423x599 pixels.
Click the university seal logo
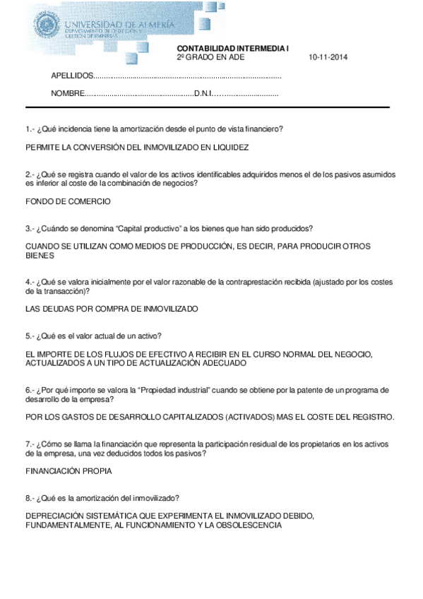[46, 28]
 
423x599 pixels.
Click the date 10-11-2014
[328, 57]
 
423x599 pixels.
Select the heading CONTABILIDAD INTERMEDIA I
[232, 48]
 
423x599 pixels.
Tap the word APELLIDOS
[72, 76]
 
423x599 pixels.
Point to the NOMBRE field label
[67, 94]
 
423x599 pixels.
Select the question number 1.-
[30, 129]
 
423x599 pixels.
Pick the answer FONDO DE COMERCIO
[68, 201]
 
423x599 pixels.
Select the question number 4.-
[30, 282]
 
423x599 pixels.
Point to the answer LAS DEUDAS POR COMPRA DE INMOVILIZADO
[112, 309]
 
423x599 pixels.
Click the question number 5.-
[30, 336]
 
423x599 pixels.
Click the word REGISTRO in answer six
[370, 417]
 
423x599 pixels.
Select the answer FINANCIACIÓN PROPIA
[68, 470]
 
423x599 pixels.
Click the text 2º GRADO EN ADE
[205, 57]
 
